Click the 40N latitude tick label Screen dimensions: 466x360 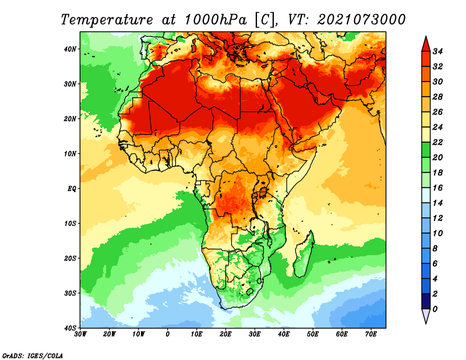(70, 49)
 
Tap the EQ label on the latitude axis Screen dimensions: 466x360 (72, 189)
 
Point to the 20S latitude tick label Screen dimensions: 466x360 (70, 258)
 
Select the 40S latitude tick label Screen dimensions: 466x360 (70, 328)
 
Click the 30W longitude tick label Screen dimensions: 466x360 (80, 334)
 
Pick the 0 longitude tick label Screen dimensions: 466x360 (168, 334)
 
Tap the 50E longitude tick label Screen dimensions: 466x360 (313, 334)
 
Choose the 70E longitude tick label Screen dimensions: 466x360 (371, 334)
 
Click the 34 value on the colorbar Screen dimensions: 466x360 (437, 51)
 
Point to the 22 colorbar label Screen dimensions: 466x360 (437, 142)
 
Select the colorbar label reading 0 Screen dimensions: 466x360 (435, 309)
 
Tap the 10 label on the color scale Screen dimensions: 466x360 (437, 234)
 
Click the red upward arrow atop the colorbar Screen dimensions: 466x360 (426, 44)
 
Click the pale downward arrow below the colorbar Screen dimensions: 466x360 (426, 316)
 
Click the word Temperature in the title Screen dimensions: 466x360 (107, 20)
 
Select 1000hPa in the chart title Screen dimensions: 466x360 (216, 20)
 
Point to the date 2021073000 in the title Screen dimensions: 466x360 (361, 20)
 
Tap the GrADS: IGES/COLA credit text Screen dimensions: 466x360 (33, 355)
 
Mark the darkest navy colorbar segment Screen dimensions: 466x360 (426, 301)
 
